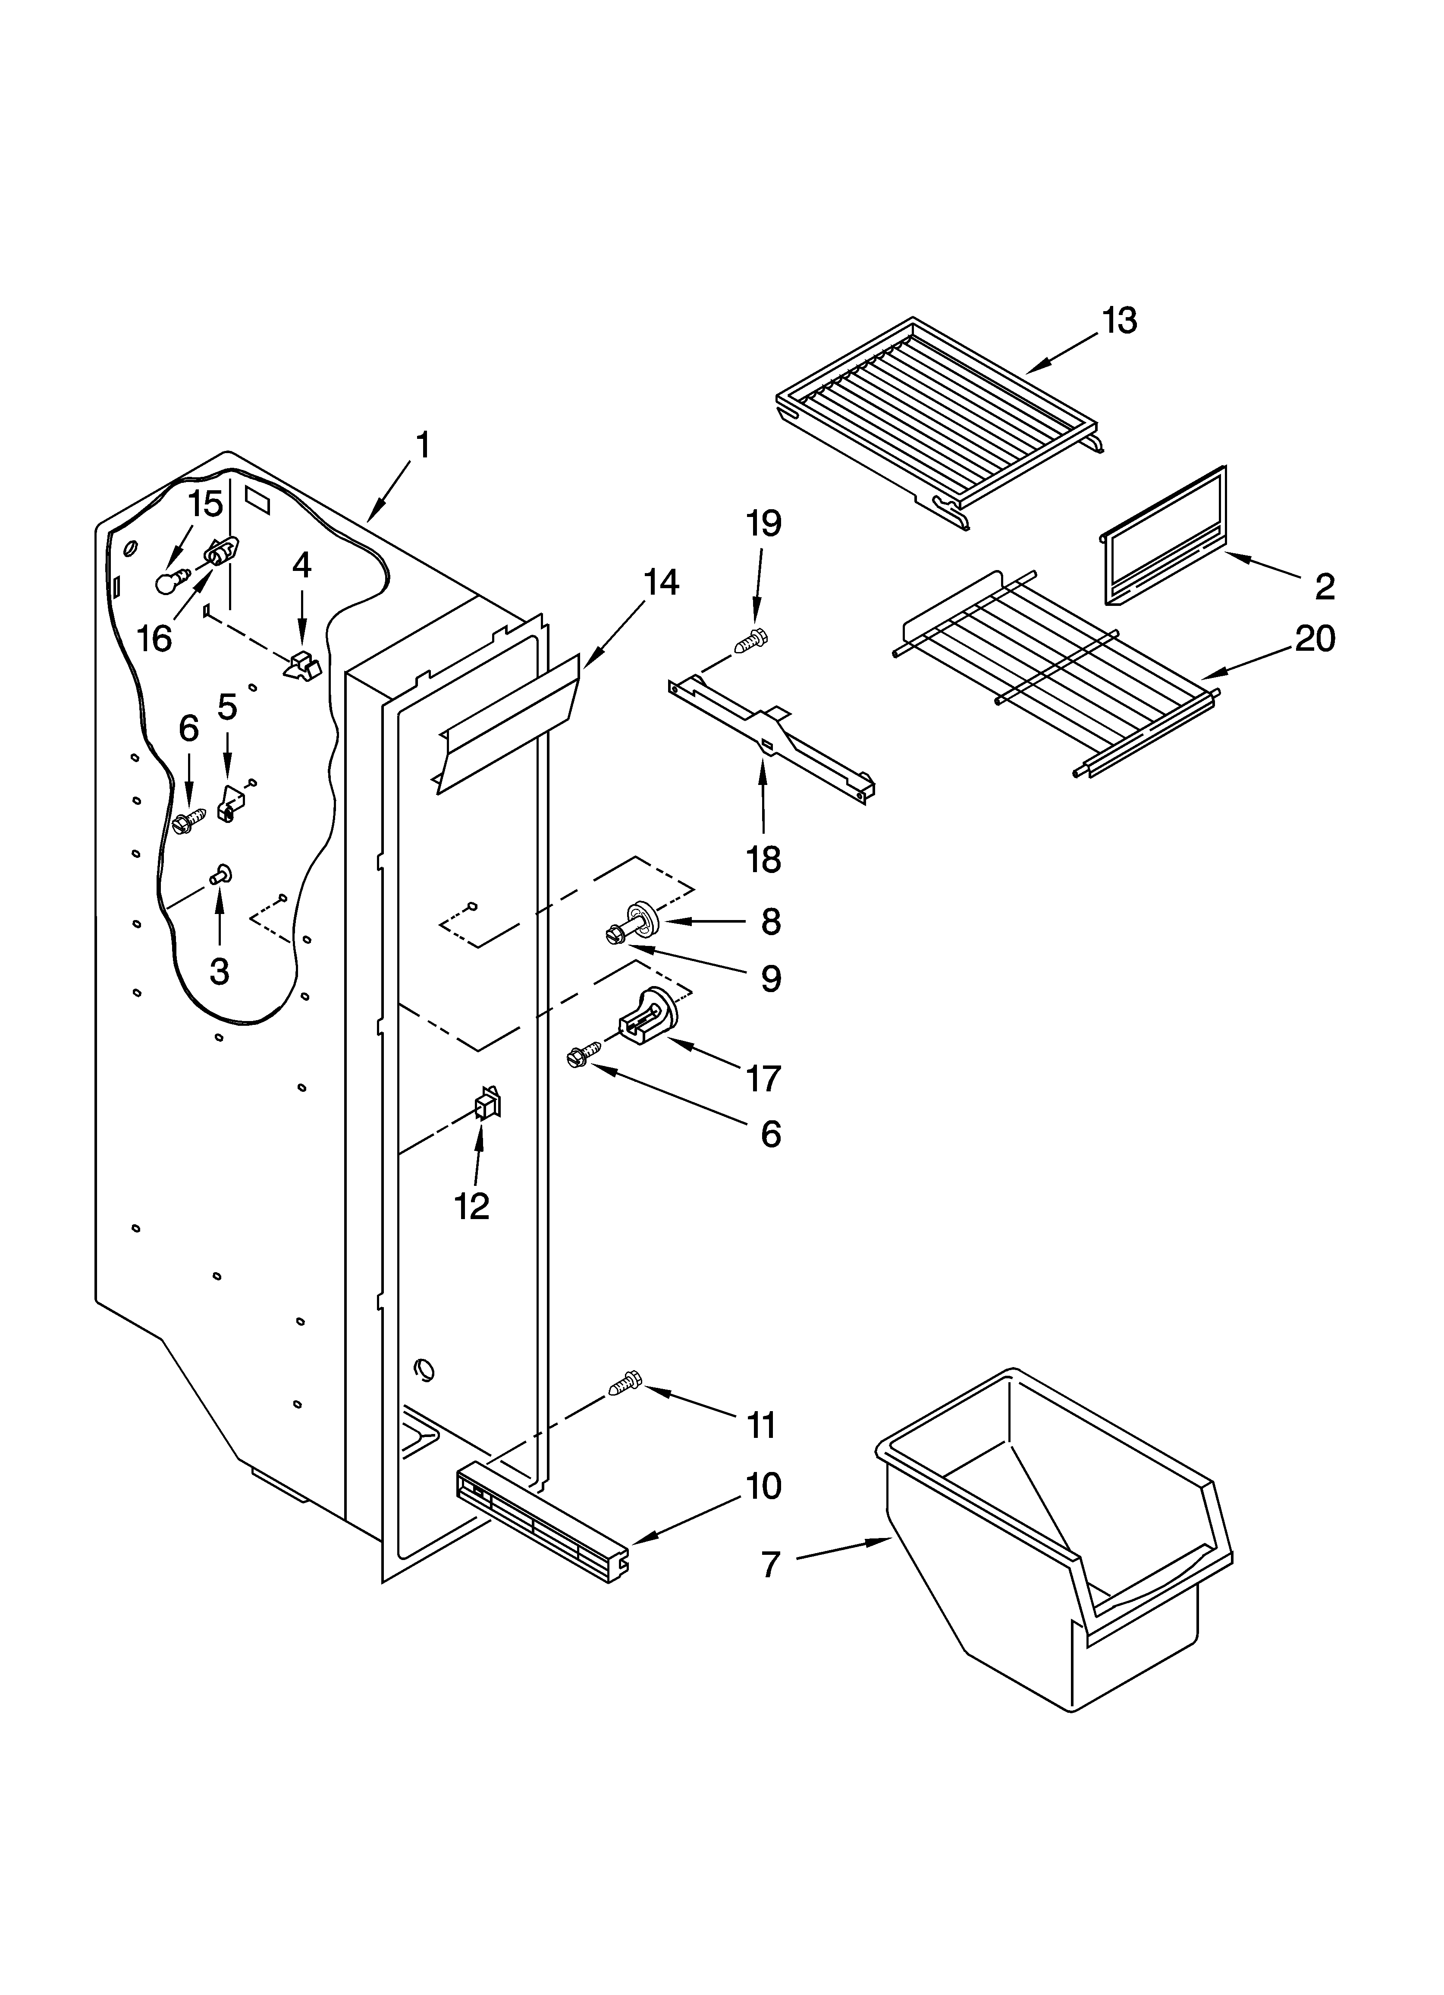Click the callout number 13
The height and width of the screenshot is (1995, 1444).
click(1120, 321)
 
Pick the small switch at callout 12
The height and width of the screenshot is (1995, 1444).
click(487, 1103)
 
